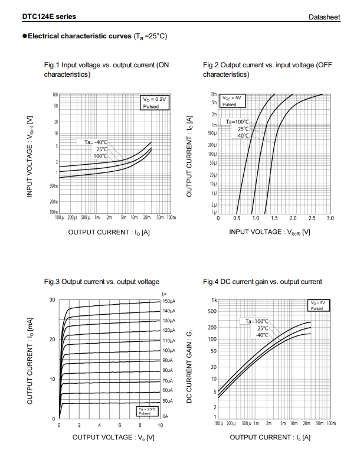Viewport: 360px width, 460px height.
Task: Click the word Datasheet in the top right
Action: click(325, 18)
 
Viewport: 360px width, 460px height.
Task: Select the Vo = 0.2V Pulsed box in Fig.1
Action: click(155, 102)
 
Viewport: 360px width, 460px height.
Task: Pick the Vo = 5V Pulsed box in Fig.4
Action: click(316, 305)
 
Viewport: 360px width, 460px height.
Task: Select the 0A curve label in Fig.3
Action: click(165, 416)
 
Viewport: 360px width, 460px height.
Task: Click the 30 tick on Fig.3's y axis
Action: click(52, 300)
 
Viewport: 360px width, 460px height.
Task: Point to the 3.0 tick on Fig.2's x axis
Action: click(330, 218)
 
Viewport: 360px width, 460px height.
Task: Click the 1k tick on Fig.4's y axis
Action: click(214, 301)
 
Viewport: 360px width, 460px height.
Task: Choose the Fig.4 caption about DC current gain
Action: click(263, 282)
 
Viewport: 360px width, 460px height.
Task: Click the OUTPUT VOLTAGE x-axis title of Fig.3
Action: click(113, 437)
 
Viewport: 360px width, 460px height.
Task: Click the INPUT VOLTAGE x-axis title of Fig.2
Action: click(270, 231)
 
